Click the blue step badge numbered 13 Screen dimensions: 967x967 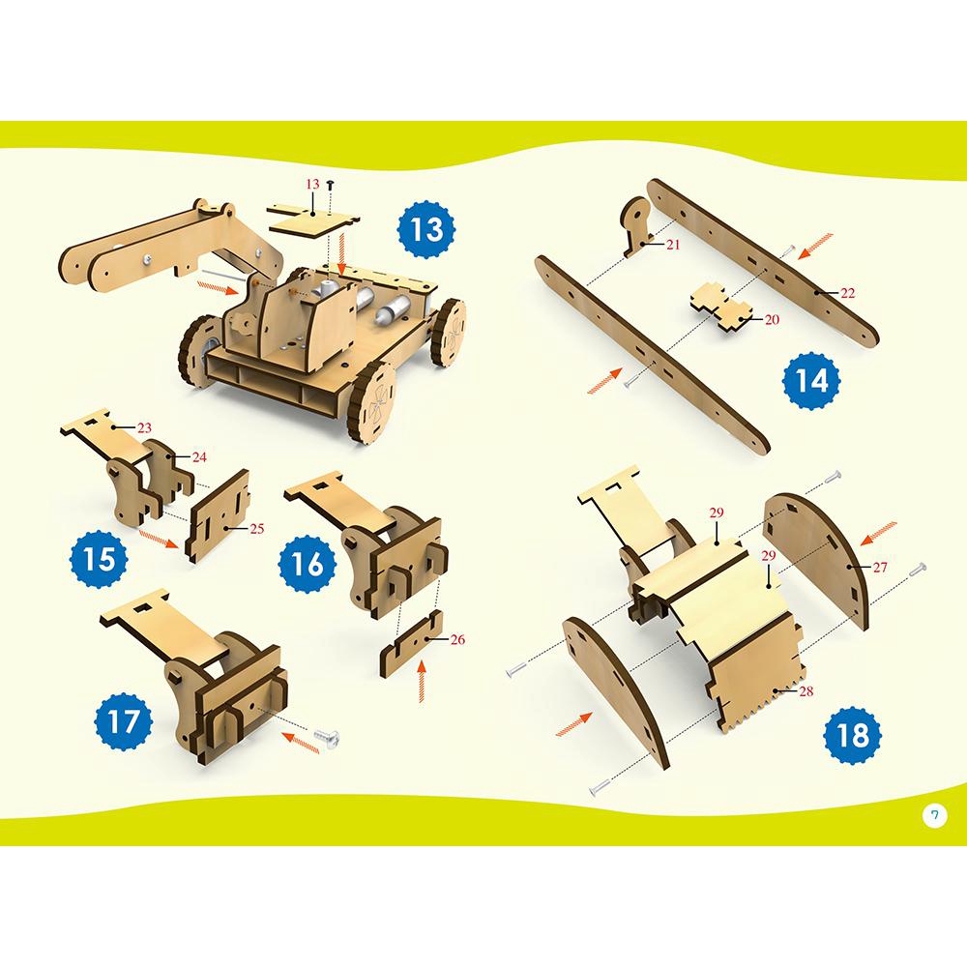[x=426, y=229]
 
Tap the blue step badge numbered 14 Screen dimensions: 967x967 [x=811, y=380]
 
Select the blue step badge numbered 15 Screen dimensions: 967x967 [x=100, y=559]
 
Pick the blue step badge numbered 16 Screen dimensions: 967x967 [x=308, y=564]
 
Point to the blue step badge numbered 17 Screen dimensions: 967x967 [x=125, y=721]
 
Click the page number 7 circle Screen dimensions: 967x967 [x=935, y=816]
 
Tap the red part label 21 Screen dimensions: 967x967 [x=673, y=245]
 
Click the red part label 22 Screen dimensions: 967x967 [x=848, y=293]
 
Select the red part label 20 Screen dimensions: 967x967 [x=772, y=319]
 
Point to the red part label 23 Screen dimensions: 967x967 [x=144, y=427]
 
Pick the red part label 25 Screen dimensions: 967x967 [x=256, y=529]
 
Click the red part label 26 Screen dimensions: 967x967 [x=457, y=639]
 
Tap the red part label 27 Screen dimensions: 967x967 [x=879, y=567]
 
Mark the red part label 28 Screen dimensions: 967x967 [x=806, y=691]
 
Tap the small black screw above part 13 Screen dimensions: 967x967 [x=331, y=184]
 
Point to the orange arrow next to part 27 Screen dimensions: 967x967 [x=878, y=533]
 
